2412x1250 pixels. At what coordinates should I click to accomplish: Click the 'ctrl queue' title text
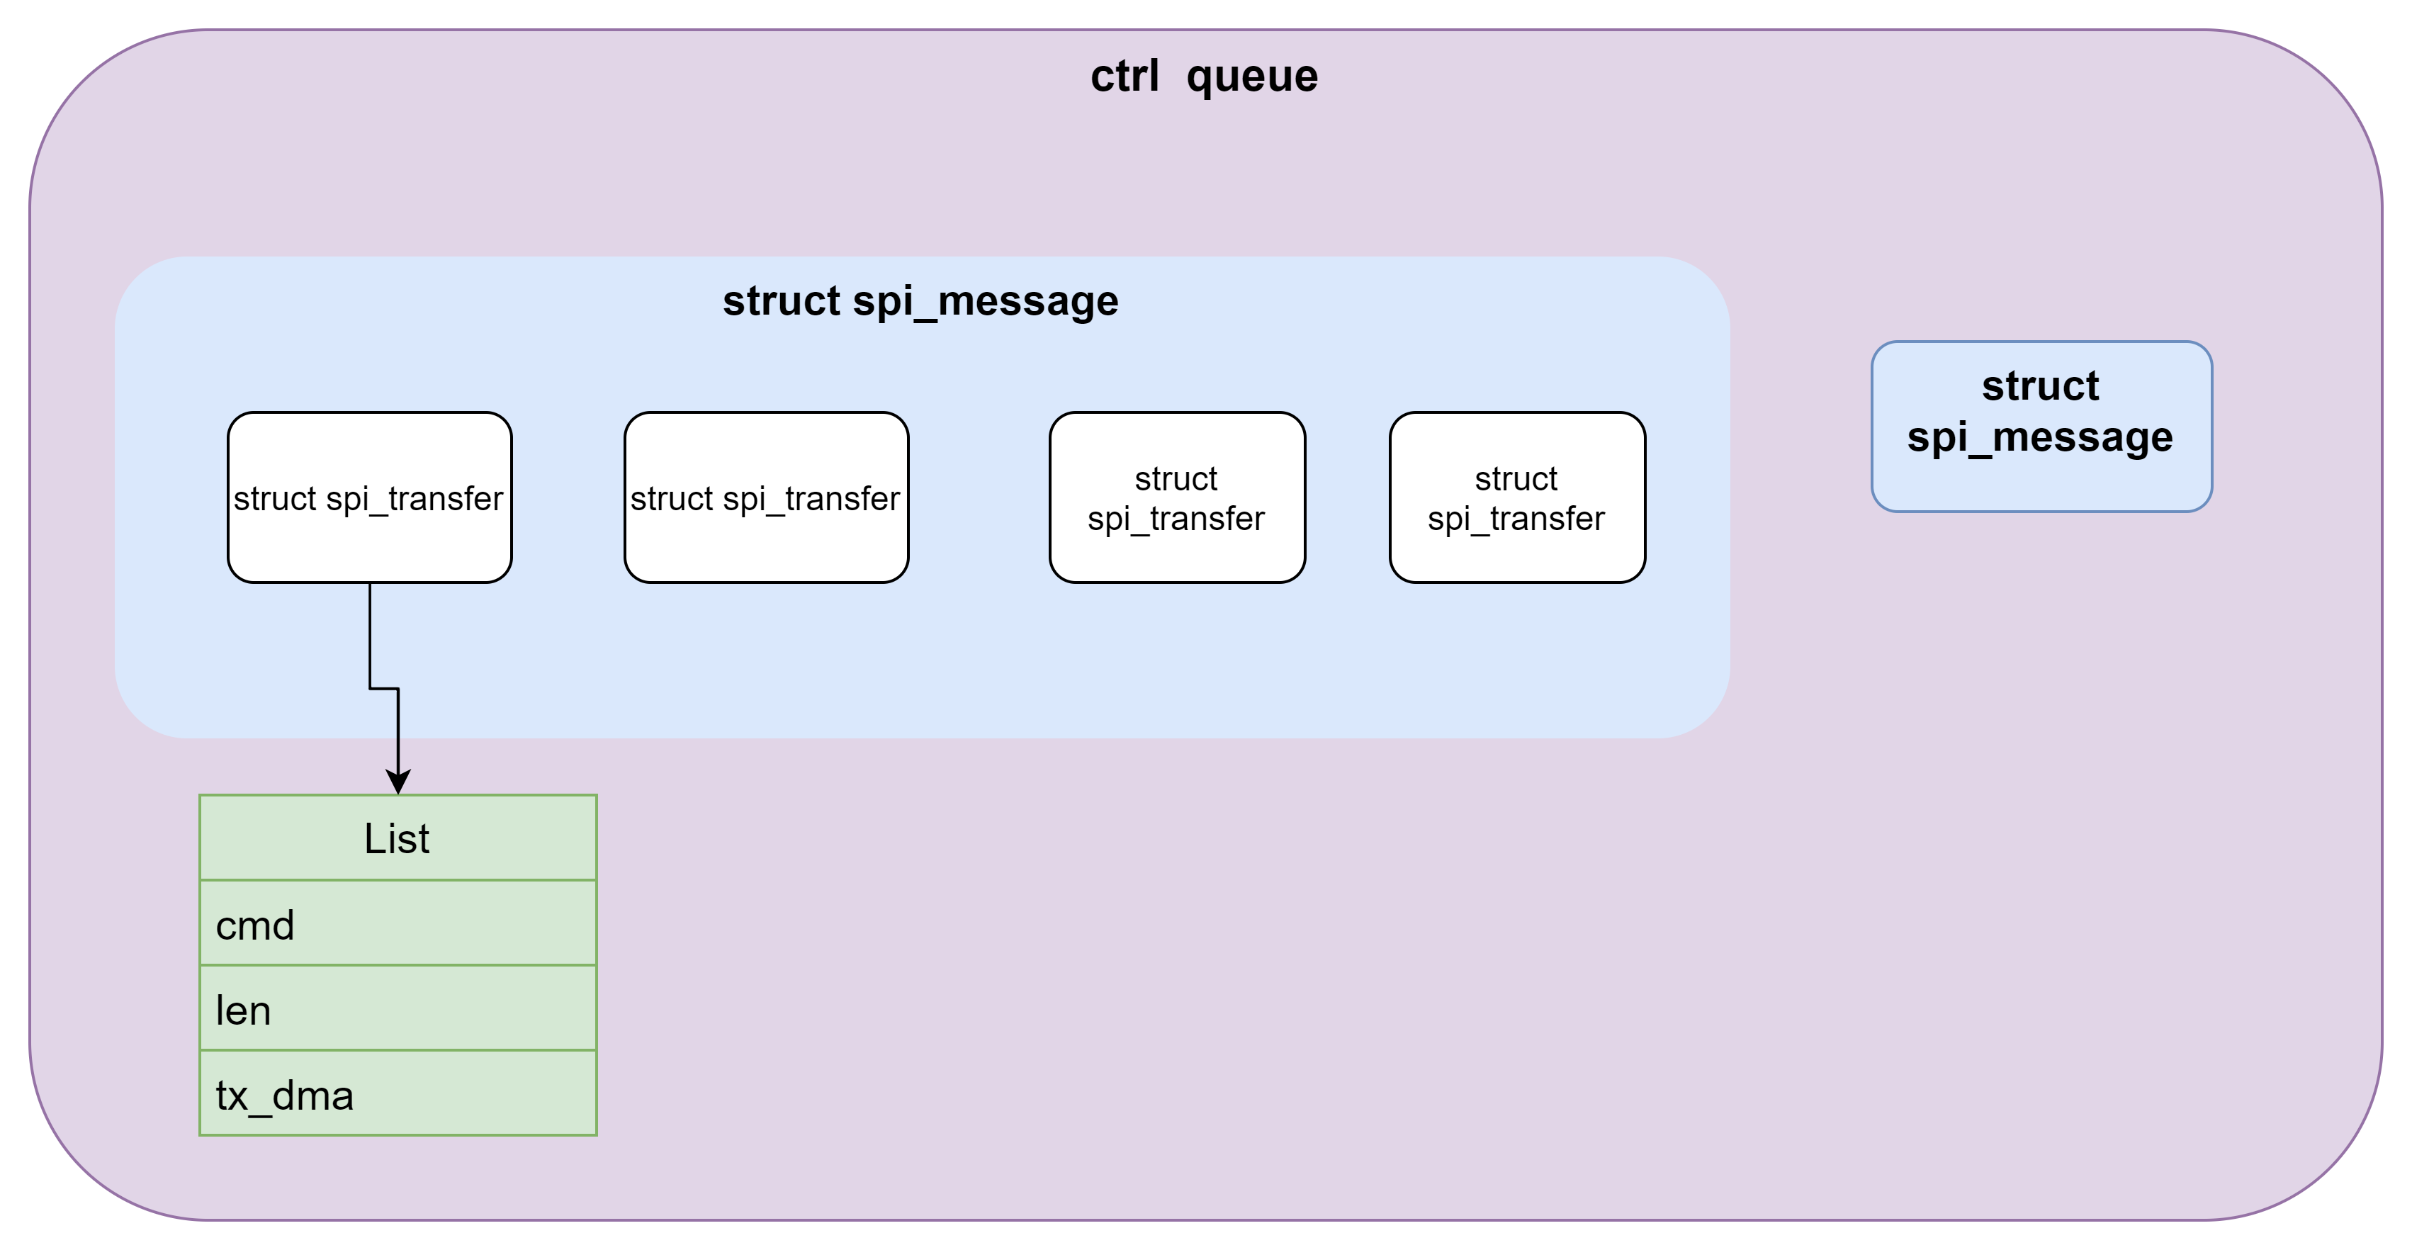1204,76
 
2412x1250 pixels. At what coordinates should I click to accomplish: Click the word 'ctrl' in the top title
1125,76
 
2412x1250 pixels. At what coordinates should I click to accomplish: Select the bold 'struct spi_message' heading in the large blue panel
920,301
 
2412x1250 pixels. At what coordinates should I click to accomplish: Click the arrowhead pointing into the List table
398,782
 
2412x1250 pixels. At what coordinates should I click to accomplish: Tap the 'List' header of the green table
397,838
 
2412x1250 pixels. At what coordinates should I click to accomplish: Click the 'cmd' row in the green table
397,925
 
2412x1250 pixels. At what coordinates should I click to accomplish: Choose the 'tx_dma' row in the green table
397,1096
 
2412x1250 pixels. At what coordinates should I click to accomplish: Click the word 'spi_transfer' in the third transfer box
1176,519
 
